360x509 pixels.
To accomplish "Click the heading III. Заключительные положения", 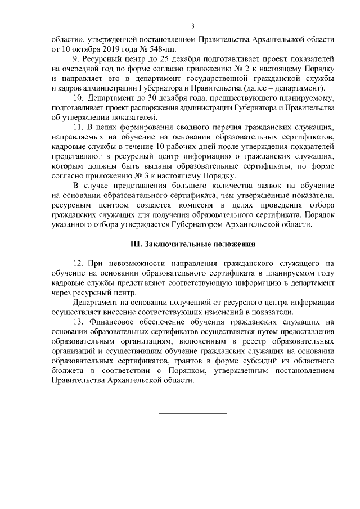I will [193, 245].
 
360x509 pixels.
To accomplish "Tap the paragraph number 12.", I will [78, 263].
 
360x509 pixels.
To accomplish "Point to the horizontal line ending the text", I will [193, 413].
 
